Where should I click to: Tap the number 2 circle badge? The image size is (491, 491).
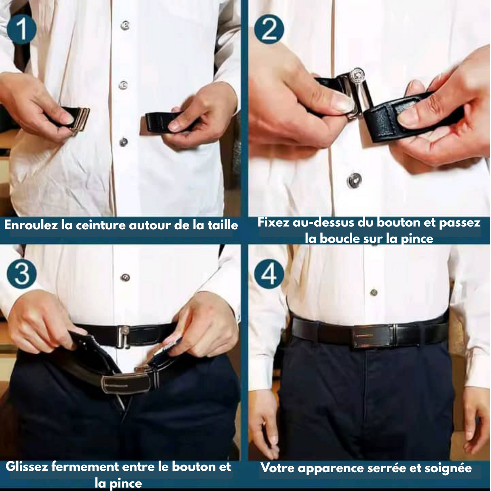(269, 29)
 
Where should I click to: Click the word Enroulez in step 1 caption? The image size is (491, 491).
(31, 225)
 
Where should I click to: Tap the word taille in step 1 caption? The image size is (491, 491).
(222, 225)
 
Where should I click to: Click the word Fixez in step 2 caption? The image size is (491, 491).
(271, 223)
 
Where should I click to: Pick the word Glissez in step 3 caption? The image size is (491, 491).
(27, 467)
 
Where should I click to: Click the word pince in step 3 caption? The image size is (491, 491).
(125, 483)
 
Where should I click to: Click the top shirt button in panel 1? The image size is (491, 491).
(125, 25)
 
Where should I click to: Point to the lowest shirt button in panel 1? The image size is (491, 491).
(124, 142)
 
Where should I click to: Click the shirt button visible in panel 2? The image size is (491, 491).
(354, 180)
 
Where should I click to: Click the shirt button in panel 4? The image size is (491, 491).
(374, 292)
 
